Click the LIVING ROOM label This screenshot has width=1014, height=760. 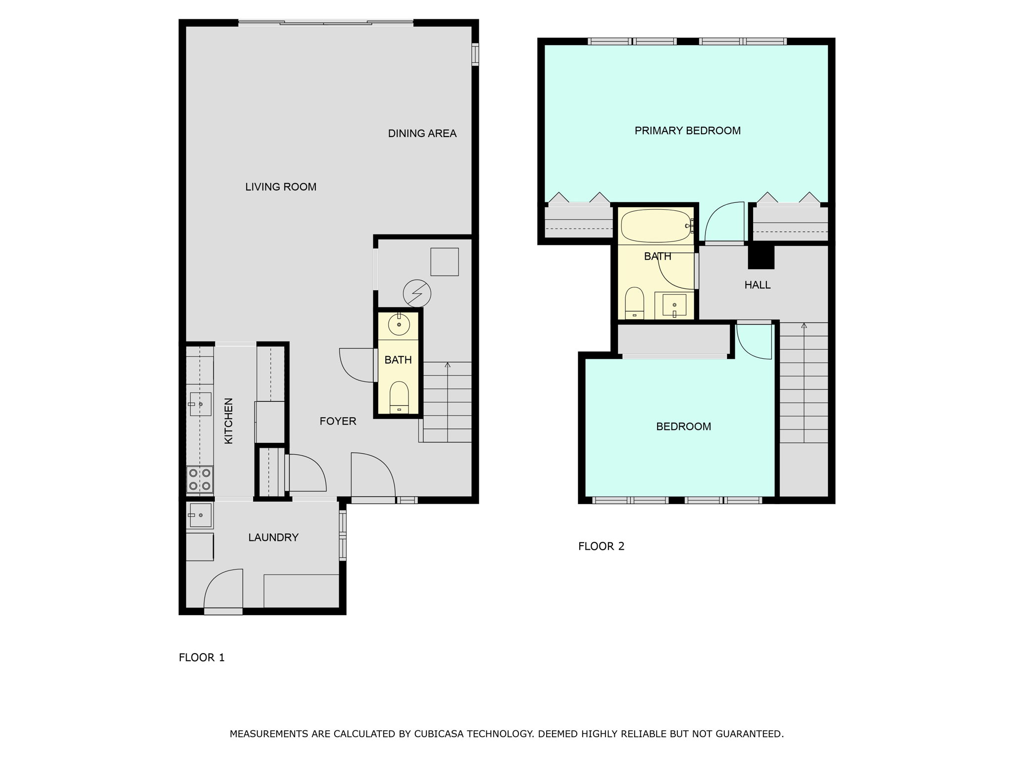[281, 187]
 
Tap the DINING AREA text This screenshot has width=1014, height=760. [422, 134]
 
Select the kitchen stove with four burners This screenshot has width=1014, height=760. [200, 479]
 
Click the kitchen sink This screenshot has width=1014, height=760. [200, 404]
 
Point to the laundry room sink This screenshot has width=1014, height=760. [200, 515]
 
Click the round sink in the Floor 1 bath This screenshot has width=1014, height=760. [399, 325]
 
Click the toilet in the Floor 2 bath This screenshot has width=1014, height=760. [634, 303]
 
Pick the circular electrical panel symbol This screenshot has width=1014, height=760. [417, 294]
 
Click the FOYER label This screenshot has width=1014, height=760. [338, 421]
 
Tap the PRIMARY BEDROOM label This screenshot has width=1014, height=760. [687, 131]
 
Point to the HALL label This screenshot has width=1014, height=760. [757, 285]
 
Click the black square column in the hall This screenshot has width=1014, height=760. [760, 257]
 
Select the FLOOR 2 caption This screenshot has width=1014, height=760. [601, 546]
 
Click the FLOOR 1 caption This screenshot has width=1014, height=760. [202, 658]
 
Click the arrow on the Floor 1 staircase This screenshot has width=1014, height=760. [448, 365]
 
